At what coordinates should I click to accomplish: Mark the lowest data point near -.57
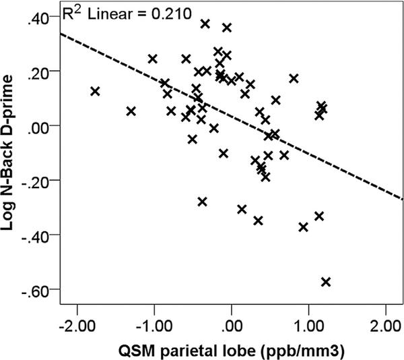[326, 282]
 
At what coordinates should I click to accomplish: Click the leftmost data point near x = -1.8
[95, 91]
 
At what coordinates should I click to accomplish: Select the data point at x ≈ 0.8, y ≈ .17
[294, 78]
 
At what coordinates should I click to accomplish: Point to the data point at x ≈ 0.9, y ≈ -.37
[303, 227]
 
